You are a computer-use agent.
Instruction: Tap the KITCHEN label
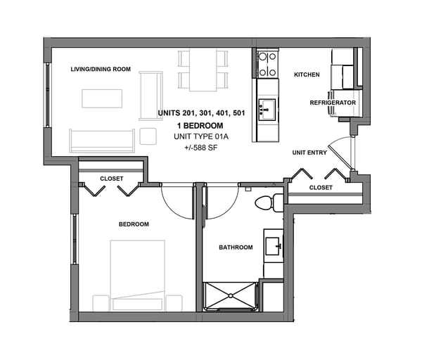pyautogui.click(x=307, y=75)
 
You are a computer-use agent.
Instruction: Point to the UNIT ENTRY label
pyautogui.click(x=309, y=153)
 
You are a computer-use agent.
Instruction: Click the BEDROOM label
pyautogui.click(x=133, y=224)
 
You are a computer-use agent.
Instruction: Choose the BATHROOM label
pyautogui.click(x=236, y=247)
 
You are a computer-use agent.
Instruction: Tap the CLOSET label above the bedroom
pyautogui.click(x=111, y=179)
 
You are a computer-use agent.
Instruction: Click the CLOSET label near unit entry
pyautogui.click(x=321, y=188)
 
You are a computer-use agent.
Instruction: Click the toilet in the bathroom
pyautogui.click(x=265, y=203)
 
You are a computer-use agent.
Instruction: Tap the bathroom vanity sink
pyautogui.click(x=273, y=246)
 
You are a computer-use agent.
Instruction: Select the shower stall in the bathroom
pyautogui.click(x=231, y=295)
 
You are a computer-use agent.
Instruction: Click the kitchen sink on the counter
pyautogui.click(x=267, y=108)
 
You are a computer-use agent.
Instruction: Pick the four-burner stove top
pyautogui.click(x=267, y=65)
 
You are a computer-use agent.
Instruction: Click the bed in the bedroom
pyautogui.click(x=138, y=276)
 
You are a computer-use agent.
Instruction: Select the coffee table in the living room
pyautogui.click(x=103, y=98)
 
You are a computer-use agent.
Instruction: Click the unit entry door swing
pyautogui.click(x=341, y=151)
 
